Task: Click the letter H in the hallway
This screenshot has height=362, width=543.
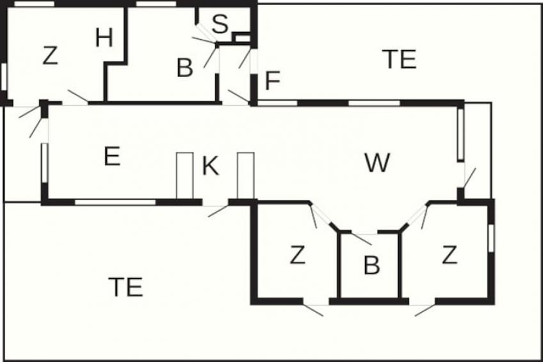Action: pos(104,38)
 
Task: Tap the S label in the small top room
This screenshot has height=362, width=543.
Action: pos(220,24)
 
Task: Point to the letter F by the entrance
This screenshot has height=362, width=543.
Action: pos(273,80)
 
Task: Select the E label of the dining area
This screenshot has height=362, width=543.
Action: pos(112,156)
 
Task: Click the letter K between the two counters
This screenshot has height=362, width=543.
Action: pos(211,166)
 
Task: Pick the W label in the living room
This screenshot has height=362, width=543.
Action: pos(377,163)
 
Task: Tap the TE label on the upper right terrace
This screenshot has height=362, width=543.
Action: pos(400,59)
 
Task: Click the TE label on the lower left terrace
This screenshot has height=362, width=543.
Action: pos(126,287)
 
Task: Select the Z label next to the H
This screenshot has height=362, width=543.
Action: pos(50,56)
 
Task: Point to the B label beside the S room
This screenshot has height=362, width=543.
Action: pos(185,68)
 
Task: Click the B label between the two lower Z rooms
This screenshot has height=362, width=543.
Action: pos(371,265)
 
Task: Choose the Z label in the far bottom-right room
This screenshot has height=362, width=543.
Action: pos(450,255)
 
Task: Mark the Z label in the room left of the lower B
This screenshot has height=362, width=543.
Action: pos(298,255)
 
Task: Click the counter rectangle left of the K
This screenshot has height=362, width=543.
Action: pos(185,176)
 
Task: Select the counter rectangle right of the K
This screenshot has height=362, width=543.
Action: pos(246,176)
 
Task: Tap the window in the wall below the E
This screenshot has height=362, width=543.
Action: pos(115,202)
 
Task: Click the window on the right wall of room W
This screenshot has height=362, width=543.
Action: pos(460,134)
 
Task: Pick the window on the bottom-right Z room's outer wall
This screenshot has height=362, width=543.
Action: pos(490,238)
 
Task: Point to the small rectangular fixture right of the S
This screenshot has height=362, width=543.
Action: pos(243,38)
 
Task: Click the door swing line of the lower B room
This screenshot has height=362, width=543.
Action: pos(361,240)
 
